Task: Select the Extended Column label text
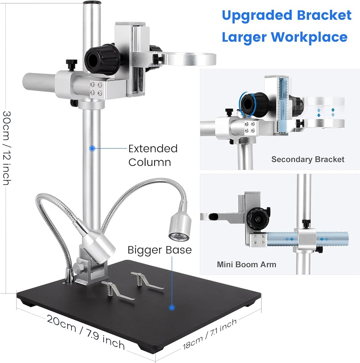pos(153,155)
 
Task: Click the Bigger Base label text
pos(159,250)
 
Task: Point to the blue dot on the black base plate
pos(172,307)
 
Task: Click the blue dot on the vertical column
pos(92,148)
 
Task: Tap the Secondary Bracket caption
pos(308,159)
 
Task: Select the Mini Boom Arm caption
pos(246,264)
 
